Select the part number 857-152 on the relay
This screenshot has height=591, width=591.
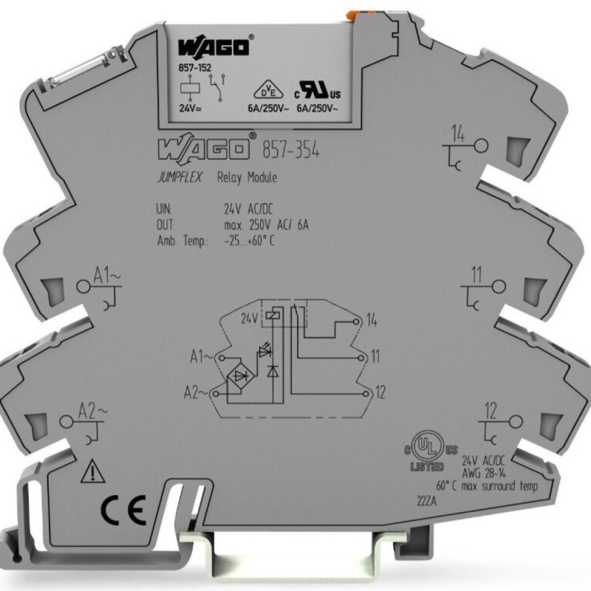coord(194,69)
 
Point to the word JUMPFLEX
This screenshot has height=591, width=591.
coord(180,178)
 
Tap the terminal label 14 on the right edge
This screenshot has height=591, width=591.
coord(458,134)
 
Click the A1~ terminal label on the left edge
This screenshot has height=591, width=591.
coord(104,277)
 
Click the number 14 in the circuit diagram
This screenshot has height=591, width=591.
coord(372,320)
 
